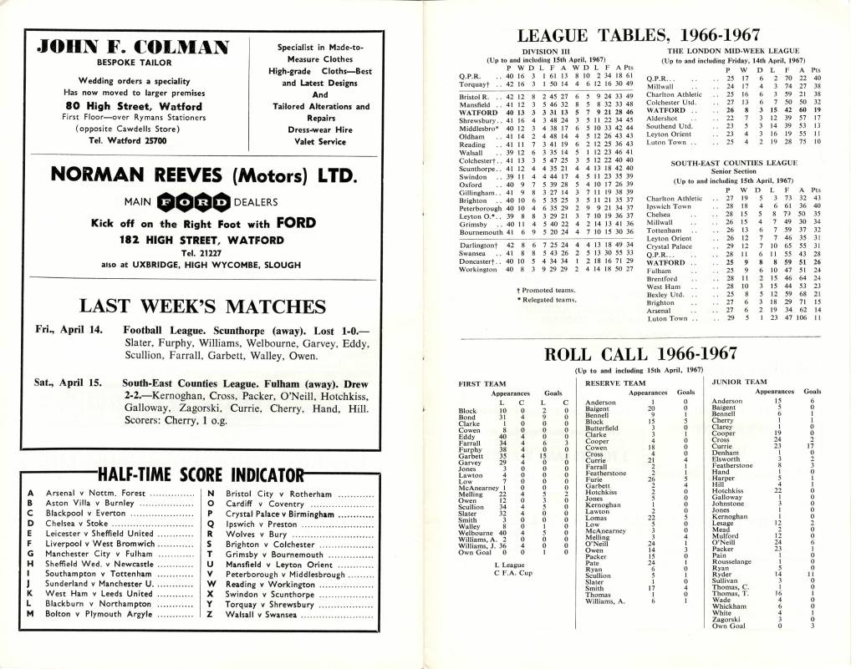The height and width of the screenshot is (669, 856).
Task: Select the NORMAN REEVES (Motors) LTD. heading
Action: pyautogui.click(x=206, y=175)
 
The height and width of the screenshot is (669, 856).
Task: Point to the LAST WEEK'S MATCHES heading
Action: pyautogui.click(x=204, y=304)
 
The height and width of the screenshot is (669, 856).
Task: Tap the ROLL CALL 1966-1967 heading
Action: pyautogui.click(x=639, y=353)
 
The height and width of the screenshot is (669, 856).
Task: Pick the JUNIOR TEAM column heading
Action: pyautogui.click(x=738, y=382)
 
